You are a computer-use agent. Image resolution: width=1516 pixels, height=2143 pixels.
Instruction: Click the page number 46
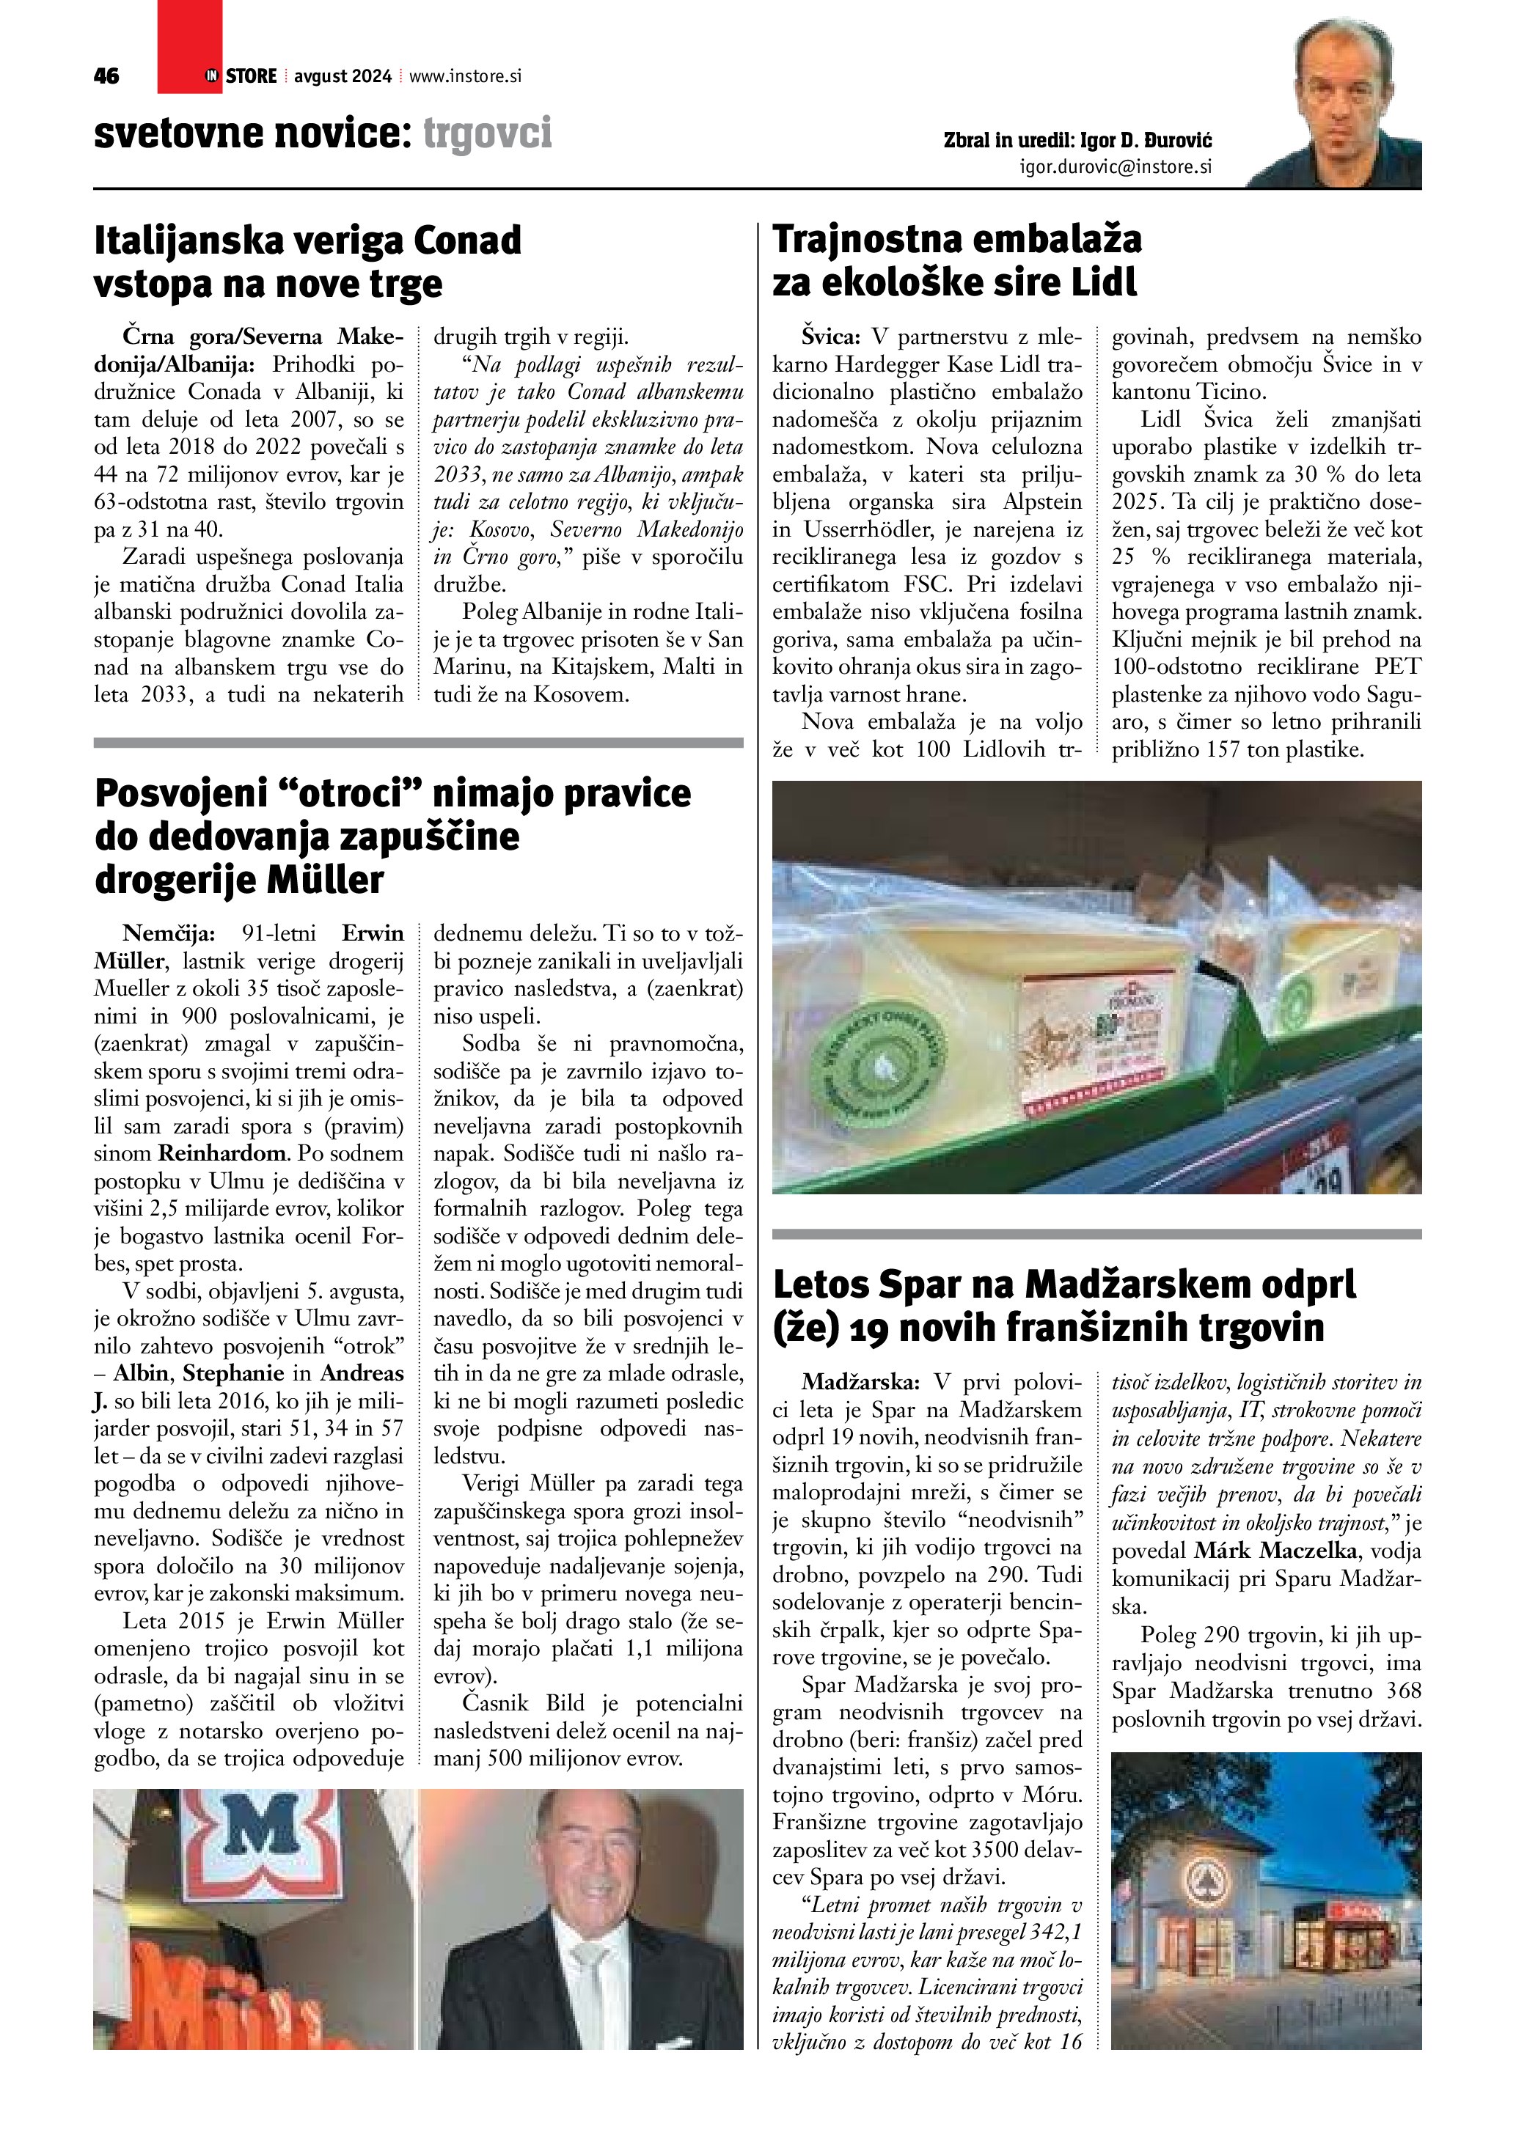106,76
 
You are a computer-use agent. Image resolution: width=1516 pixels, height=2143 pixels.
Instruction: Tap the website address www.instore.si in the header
465,76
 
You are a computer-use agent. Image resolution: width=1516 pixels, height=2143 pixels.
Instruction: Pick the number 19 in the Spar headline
849,1326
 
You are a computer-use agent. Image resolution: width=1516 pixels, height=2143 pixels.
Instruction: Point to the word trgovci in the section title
487,133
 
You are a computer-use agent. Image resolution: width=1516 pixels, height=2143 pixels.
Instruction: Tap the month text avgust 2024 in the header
342,76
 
